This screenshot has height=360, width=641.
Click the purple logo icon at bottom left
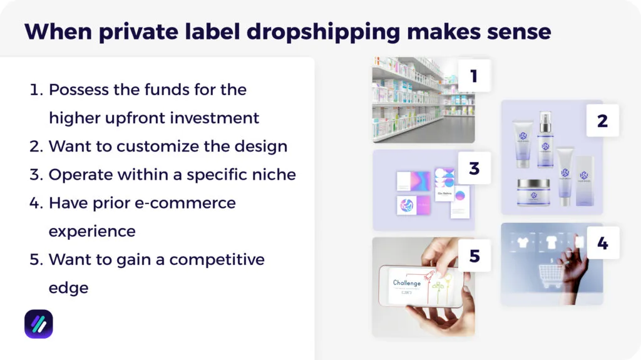tap(39, 324)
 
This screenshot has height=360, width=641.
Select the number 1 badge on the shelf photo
tap(474, 76)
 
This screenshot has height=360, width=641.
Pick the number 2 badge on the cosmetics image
tap(602, 120)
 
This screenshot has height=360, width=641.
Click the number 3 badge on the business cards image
tap(474, 168)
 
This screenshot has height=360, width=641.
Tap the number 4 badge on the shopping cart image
tap(602, 243)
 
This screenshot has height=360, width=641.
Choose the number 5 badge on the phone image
tap(474, 255)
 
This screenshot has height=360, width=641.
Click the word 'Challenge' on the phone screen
tap(407, 283)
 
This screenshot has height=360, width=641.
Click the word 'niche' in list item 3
tap(272, 175)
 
